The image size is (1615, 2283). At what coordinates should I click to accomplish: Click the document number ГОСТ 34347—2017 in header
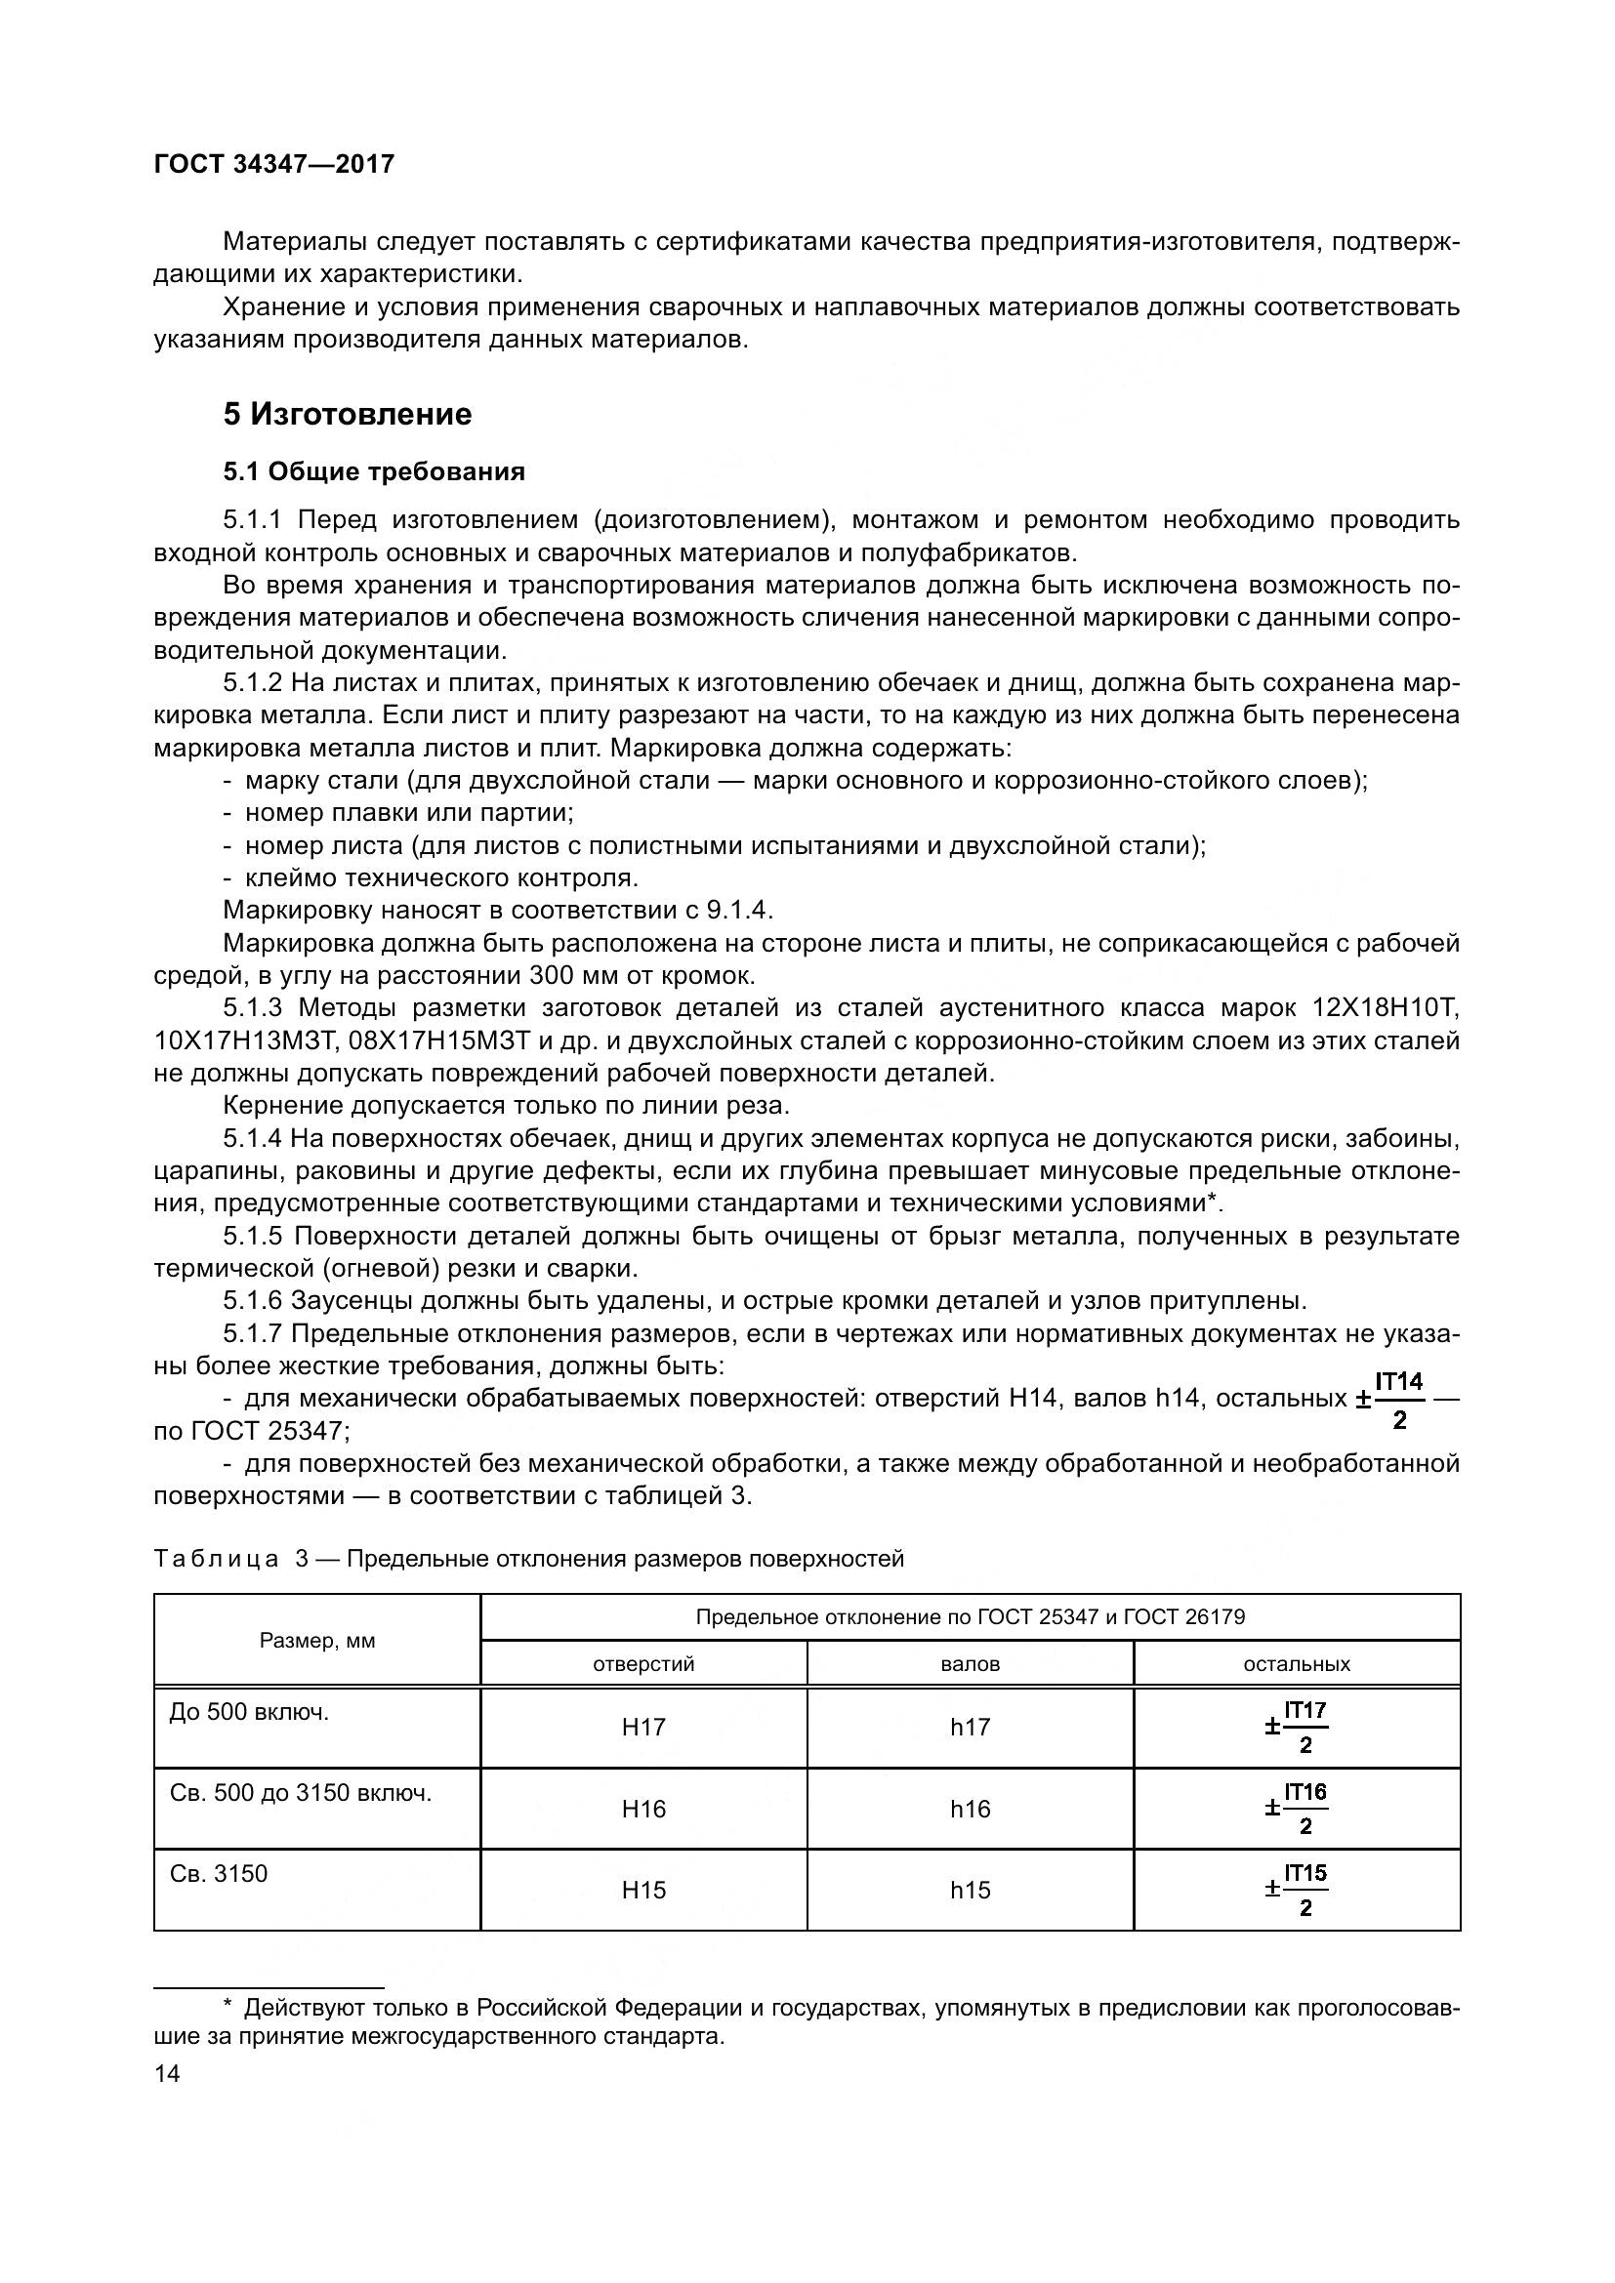274,164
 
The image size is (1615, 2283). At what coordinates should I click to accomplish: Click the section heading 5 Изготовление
347,414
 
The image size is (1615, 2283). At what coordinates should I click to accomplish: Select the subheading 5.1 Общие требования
374,471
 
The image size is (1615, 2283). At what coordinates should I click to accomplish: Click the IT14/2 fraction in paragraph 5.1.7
1398,1399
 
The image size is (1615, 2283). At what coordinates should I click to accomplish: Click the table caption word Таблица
217,1559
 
